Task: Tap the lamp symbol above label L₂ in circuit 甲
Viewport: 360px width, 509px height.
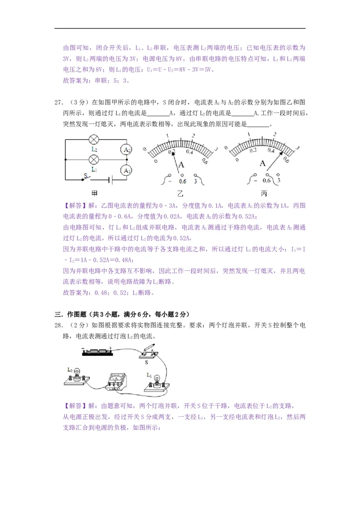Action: pyautogui.click(x=94, y=139)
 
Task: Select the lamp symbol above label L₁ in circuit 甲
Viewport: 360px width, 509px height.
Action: pyautogui.click(x=94, y=159)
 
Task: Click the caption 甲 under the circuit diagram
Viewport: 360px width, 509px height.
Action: pyautogui.click(x=95, y=194)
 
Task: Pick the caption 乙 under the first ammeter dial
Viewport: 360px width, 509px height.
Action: pyautogui.click(x=181, y=194)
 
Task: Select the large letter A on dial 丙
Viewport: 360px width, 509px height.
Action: pyautogui.click(x=264, y=164)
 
